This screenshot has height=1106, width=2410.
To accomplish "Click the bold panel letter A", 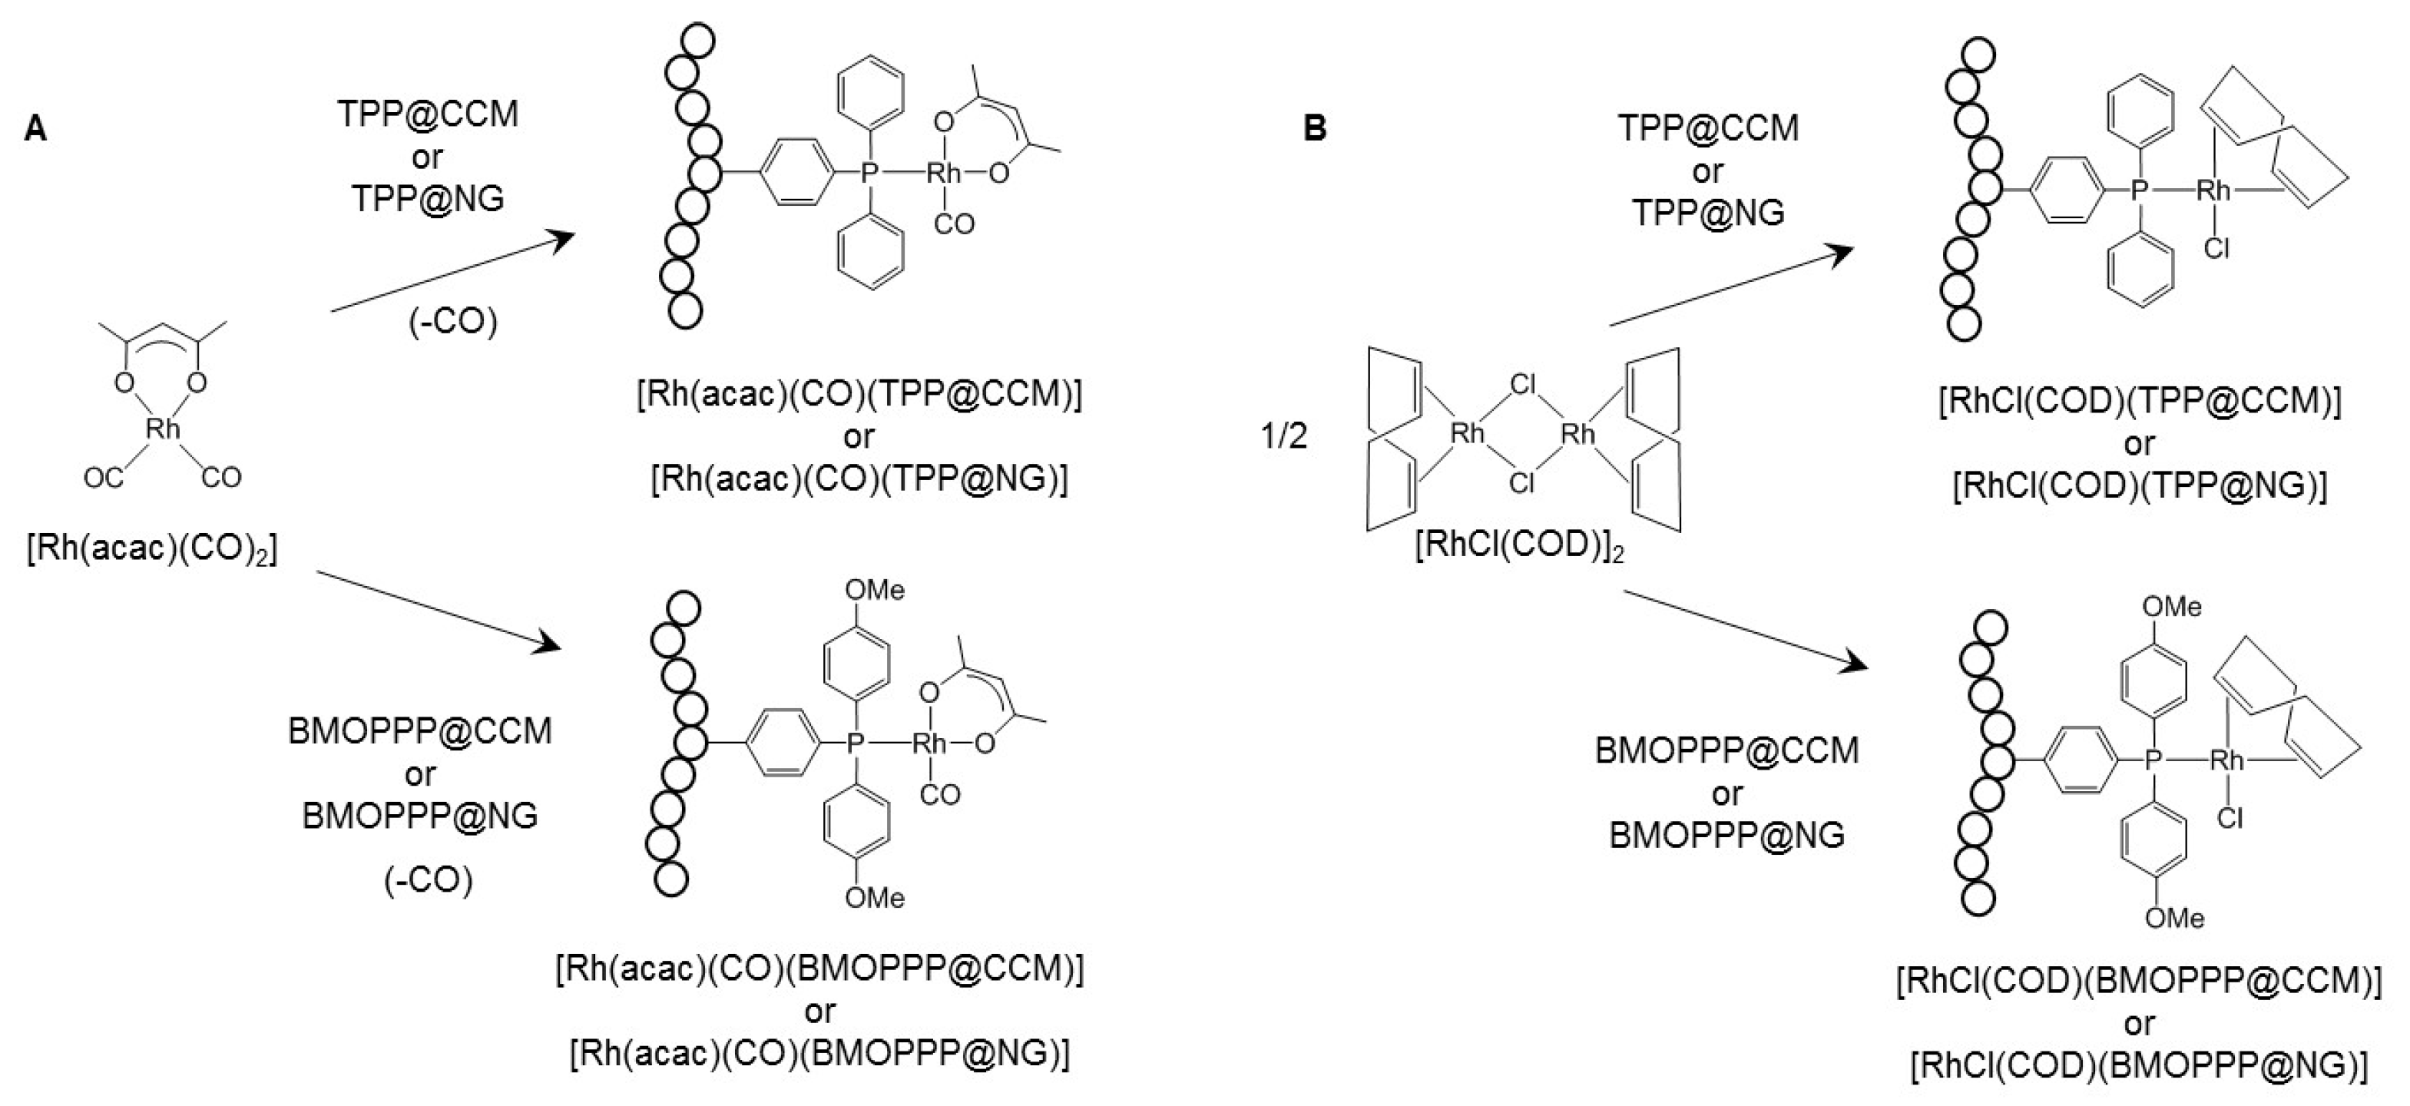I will point(35,129).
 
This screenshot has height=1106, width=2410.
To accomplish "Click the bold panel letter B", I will point(1315,129).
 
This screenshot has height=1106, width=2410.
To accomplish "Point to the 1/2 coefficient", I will point(1283,436).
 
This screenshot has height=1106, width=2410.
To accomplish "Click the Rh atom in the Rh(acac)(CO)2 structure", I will point(163,429).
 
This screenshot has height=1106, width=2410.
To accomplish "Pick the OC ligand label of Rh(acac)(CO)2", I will point(103,478).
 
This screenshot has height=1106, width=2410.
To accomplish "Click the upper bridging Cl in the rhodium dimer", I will point(1523,385).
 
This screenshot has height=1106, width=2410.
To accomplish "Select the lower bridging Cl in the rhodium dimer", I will point(1522,483).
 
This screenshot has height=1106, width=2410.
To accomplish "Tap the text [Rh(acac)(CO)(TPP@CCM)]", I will point(859,395).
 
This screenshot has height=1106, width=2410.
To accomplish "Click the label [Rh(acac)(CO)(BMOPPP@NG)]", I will point(819,1054).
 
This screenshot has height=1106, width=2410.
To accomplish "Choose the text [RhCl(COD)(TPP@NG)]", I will point(2140,485).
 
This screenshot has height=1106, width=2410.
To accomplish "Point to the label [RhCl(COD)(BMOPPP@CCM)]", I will point(2139,981).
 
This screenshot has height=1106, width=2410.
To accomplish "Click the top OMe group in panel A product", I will point(875,591).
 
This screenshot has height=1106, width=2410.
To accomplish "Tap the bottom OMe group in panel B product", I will point(2174,918).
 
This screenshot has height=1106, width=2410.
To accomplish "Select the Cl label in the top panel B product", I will point(2216,249).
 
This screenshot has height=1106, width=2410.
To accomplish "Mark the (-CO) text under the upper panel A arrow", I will point(453,322).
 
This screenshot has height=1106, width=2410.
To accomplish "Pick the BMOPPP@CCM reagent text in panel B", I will point(1727,751).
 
